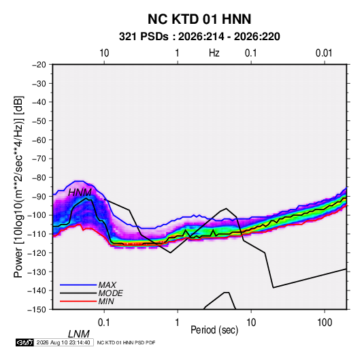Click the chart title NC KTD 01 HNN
click(199, 19)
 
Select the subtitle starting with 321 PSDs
click(199, 37)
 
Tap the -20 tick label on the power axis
click(39, 65)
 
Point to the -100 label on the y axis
click(37, 215)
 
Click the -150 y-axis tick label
click(37, 310)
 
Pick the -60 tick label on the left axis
click(39, 140)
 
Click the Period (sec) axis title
click(214, 330)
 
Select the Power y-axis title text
click(18, 187)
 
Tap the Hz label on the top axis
click(214, 53)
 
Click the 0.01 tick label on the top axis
click(324, 53)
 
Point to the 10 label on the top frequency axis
click(104, 53)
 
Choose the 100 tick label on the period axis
click(325, 323)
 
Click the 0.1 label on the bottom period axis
click(104, 323)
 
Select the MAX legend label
click(107, 284)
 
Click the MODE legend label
click(110, 293)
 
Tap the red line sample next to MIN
click(78, 301)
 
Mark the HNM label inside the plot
click(80, 193)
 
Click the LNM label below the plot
click(79, 334)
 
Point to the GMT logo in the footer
click(24, 342)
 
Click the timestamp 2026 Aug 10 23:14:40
click(63, 342)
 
